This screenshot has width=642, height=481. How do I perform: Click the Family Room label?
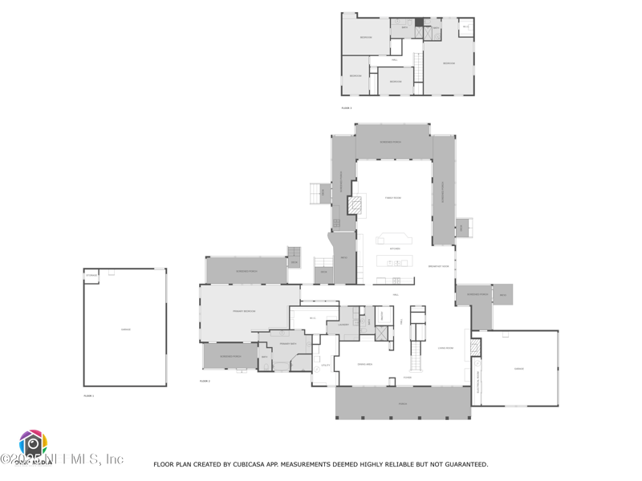pyautogui.click(x=393, y=197)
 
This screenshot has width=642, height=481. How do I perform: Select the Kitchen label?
pyautogui.click(x=394, y=249)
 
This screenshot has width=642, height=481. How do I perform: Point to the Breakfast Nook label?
pyautogui.click(x=438, y=266)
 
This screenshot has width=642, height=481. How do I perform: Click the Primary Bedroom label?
pyautogui.click(x=244, y=310)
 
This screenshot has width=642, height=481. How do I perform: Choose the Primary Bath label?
pyautogui.click(x=288, y=343)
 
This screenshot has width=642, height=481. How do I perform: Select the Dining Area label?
pyautogui.click(x=364, y=363)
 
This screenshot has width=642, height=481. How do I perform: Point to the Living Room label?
pyautogui.click(x=445, y=348)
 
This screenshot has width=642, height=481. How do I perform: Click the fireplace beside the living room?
pyautogui.click(x=474, y=347)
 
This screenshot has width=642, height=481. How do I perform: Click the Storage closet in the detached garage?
pyautogui.click(x=91, y=275)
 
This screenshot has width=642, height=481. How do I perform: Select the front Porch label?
pyautogui.click(x=403, y=403)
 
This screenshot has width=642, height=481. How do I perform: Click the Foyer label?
pyautogui.click(x=407, y=378)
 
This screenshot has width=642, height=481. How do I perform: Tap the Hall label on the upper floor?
pyautogui.click(x=395, y=60)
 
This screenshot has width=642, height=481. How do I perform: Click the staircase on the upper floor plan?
pyautogui.click(x=418, y=63)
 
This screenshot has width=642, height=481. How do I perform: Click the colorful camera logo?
pyautogui.click(x=33, y=443)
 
